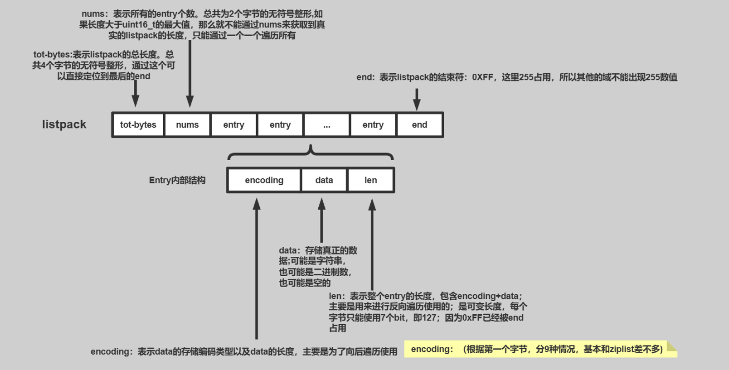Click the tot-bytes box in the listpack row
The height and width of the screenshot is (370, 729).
[138, 125]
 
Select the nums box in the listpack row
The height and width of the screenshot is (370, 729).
[188, 125]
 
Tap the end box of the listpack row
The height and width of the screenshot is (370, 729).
[419, 125]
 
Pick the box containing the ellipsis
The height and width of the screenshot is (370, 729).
[326, 125]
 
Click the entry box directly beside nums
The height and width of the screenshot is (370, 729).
[234, 125]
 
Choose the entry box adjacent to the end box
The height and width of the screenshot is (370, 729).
[373, 125]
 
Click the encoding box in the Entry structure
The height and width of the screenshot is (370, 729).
[264, 180]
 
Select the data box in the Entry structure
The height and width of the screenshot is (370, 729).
[324, 180]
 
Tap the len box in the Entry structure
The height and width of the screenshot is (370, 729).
[371, 180]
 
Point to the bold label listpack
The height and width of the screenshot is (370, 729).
[64, 125]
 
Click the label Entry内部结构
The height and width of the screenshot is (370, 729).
[177, 180]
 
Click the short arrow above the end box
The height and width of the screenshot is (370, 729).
[417, 98]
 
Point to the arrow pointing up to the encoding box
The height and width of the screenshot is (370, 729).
[256, 268]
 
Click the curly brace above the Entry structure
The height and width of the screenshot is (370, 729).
[311, 153]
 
